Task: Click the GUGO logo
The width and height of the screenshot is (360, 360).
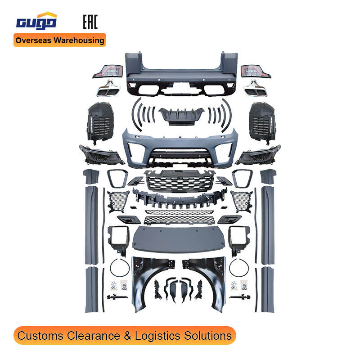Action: point(36,22)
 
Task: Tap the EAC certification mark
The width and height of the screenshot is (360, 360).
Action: point(90,22)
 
